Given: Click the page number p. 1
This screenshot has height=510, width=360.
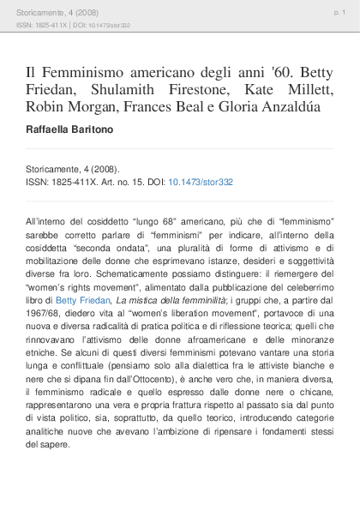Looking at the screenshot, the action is coord(339,14).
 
